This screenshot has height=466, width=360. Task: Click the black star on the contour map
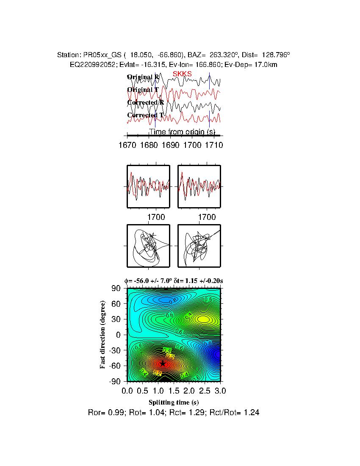[x=163, y=363]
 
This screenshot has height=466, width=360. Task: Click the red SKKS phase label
[x=182, y=74]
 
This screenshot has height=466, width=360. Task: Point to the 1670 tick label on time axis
[x=127, y=145]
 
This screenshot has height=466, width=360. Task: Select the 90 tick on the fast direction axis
[x=116, y=288]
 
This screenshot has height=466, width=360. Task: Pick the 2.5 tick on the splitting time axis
[x=205, y=390]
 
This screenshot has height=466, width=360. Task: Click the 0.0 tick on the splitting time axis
[x=127, y=390]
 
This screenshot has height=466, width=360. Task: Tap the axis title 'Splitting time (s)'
[x=174, y=402]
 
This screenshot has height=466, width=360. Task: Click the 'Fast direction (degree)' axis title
[x=103, y=335]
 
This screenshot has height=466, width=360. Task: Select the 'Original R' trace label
[x=144, y=77]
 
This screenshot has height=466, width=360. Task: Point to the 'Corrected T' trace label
[x=145, y=115]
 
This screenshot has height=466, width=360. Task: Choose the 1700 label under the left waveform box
[x=156, y=217]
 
